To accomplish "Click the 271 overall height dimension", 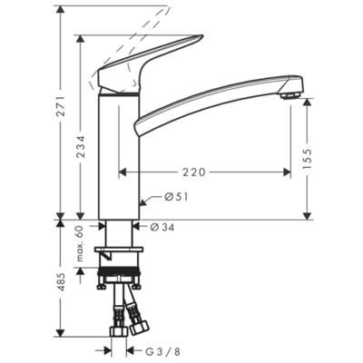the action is click(61, 106).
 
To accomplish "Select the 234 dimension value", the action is click(80, 147).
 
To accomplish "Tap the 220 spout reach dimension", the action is click(194, 172).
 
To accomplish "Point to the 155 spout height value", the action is click(307, 159).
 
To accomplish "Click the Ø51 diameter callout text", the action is click(176, 197).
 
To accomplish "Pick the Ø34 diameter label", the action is click(162, 227).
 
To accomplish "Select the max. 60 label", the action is click(80, 244).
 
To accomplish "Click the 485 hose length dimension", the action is click(61, 282).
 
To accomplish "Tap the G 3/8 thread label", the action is click(163, 351).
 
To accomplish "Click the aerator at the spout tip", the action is click(289, 96).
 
